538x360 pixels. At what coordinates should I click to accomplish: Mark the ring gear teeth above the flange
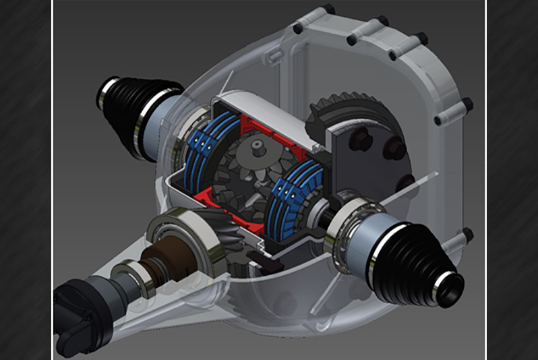(337, 115)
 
